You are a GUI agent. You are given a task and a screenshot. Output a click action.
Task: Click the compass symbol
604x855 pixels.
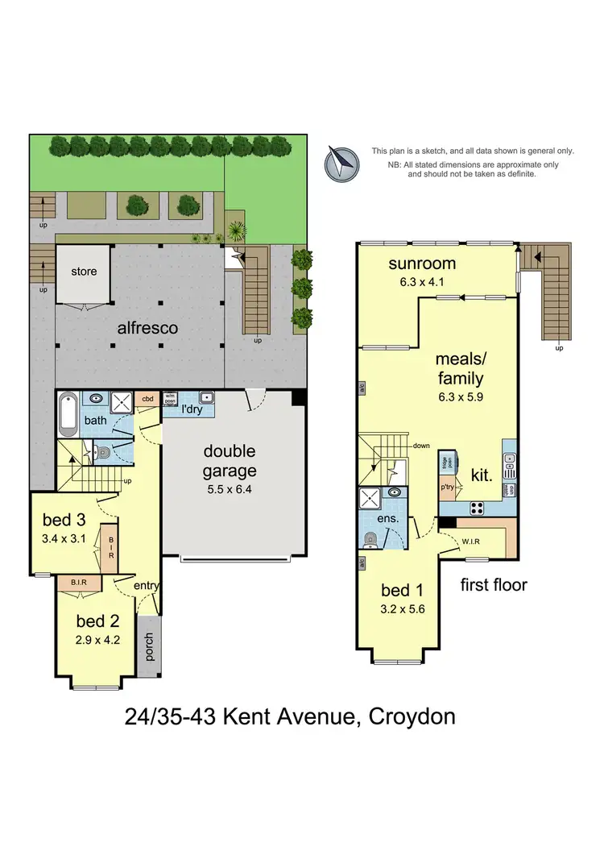pos(341,164)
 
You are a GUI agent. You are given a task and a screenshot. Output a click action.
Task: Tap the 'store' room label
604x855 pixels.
pos(83,272)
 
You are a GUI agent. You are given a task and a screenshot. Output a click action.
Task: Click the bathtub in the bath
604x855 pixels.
pos(68,415)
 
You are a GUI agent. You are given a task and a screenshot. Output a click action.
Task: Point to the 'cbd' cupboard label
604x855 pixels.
pos(148,399)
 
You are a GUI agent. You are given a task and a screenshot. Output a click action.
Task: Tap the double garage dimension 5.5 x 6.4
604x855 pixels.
pos(229,488)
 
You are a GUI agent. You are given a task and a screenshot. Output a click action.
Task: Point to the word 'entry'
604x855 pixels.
pos(147,586)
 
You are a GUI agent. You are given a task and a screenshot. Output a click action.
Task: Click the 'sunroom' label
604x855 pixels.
pos(422,264)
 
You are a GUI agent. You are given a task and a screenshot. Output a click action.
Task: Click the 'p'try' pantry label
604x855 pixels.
pos(449,488)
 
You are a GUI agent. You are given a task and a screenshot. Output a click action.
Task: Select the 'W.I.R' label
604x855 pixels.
pos(471,542)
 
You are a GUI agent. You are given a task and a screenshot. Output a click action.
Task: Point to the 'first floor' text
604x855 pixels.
pos(493,585)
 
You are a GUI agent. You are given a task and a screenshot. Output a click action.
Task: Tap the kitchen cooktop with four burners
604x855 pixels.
pos(475,508)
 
